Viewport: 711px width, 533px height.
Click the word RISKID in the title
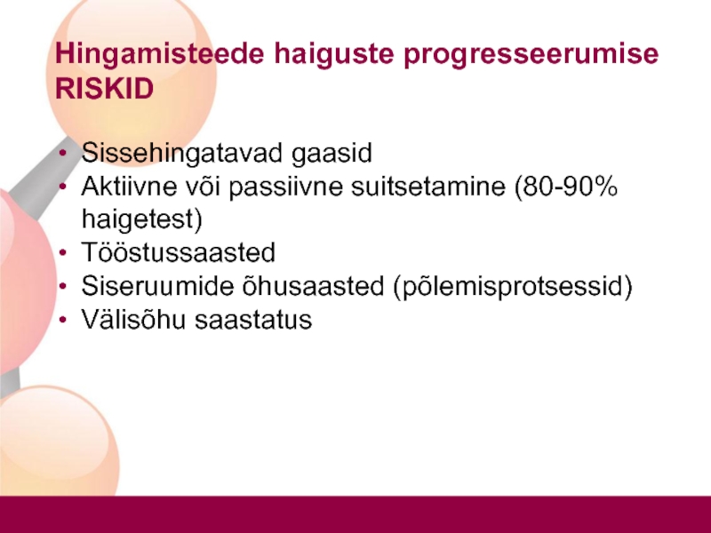(104, 88)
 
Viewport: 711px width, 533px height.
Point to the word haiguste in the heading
(334, 54)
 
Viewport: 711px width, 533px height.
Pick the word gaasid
(332, 153)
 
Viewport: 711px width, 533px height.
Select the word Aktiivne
(129, 186)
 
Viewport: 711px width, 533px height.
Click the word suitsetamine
(428, 186)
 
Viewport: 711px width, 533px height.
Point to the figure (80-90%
(566, 187)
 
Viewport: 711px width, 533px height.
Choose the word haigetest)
(142, 219)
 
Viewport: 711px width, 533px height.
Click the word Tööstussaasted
(179, 252)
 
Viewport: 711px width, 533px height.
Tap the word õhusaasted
(314, 286)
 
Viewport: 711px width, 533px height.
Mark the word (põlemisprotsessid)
(513, 286)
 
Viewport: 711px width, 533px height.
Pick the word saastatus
(253, 320)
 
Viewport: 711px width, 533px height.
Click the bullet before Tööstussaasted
(63, 253)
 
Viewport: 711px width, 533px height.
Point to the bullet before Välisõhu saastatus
(63, 320)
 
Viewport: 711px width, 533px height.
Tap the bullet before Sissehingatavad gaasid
(63, 153)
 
